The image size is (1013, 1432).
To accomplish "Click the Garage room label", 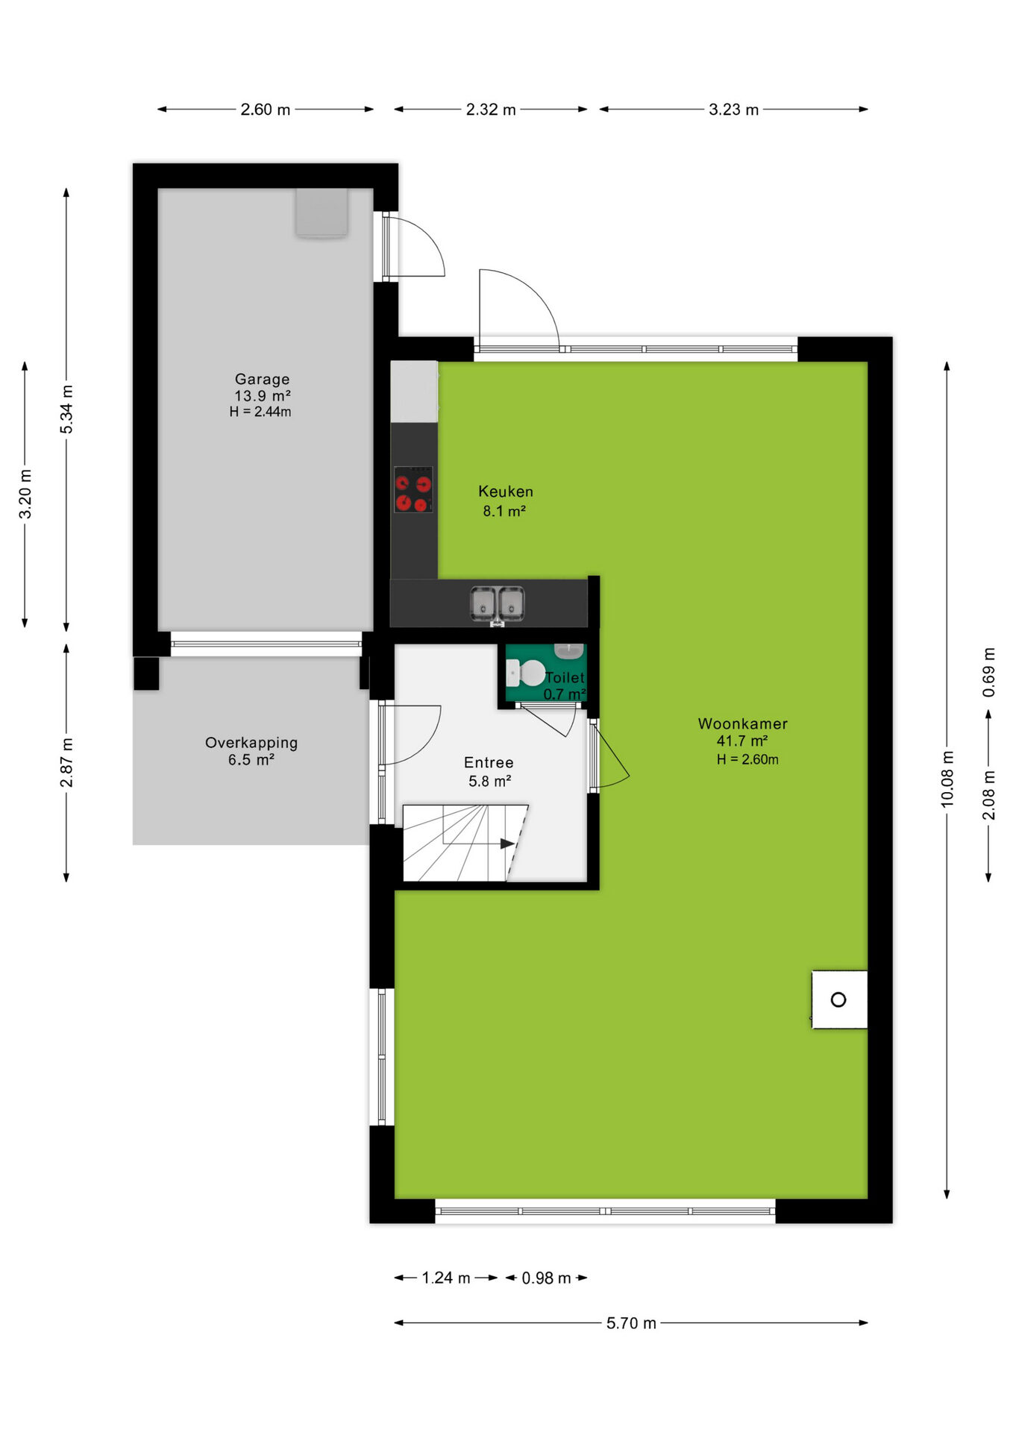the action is pyautogui.click(x=262, y=379).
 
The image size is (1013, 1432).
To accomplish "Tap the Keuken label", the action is pyautogui.click(x=506, y=492).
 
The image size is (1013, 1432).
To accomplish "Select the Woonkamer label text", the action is pyautogui.click(x=742, y=723).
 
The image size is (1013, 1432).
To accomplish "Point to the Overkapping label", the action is pyautogui.click(x=251, y=743).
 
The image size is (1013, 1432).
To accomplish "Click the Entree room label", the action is pyautogui.click(x=489, y=762).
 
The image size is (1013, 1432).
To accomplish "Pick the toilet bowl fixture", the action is pyautogui.click(x=526, y=673).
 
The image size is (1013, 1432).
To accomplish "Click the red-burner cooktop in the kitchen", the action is pyautogui.click(x=413, y=489).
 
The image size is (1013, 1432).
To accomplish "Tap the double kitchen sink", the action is pyautogui.click(x=497, y=603).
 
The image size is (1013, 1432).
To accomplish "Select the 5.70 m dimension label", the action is pyautogui.click(x=631, y=1323).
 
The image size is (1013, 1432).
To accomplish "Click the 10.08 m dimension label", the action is pyautogui.click(x=947, y=779).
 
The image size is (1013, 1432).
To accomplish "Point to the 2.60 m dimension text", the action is pyautogui.click(x=265, y=110).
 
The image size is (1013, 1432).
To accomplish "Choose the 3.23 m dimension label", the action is pyautogui.click(x=733, y=110).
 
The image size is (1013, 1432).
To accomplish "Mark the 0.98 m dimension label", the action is pyautogui.click(x=546, y=1278).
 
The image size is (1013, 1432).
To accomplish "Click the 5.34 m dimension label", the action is pyautogui.click(x=67, y=409).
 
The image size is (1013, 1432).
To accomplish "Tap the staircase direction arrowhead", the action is pyautogui.click(x=507, y=844).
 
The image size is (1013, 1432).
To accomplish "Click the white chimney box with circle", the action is pyautogui.click(x=839, y=999).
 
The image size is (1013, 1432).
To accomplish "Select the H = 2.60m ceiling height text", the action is pyautogui.click(x=747, y=759).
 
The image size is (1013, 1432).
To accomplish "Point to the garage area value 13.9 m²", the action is pyautogui.click(x=263, y=396).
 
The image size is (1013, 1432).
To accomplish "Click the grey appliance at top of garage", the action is pyautogui.click(x=322, y=213).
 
